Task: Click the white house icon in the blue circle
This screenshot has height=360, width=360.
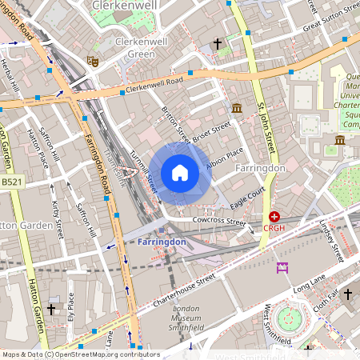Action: pyautogui.click(x=180, y=173)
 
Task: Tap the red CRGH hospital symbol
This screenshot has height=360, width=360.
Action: pyautogui.click(x=274, y=217)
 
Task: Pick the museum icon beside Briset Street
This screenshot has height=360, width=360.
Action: pyautogui.click(x=238, y=108)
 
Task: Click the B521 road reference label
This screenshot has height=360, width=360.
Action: pyautogui.click(x=11, y=182)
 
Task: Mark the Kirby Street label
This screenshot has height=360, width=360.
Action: pyautogui.click(x=58, y=219)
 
